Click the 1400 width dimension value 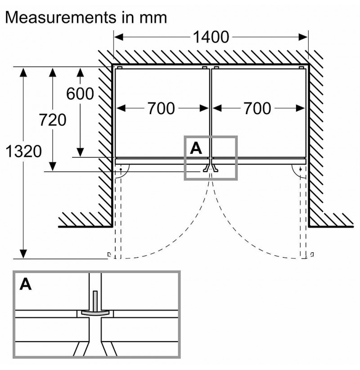[x=211, y=37]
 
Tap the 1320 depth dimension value [x=23, y=151]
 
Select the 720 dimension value [x=53, y=120]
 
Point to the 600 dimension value [x=80, y=94]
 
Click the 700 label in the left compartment [x=162, y=108]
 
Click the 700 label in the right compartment [x=257, y=108]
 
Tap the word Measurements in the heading [x=61, y=17]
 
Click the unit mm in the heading [x=153, y=19]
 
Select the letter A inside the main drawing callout [x=196, y=148]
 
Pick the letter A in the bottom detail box [x=26, y=284]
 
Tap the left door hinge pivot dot [x=121, y=169]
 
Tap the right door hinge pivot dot [x=301, y=169]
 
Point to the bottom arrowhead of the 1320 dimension [x=23, y=254]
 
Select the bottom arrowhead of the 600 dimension [x=80, y=152]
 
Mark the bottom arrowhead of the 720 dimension [x=53, y=167]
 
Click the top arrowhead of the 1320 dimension [x=23, y=72]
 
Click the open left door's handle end [x=109, y=255]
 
